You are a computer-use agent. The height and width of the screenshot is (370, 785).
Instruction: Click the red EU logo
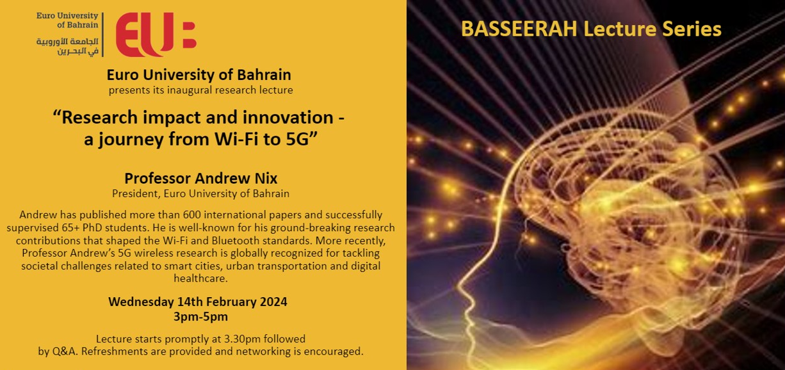click(x=156, y=35)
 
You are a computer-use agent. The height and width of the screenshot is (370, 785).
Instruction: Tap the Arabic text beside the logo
click(x=68, y=47)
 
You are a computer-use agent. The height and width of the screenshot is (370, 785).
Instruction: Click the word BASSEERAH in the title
click(x=519, y=29)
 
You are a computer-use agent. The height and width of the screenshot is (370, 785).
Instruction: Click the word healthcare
click(x=201, y=278)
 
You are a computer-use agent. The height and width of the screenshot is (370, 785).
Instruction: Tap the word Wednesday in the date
click(x=141, y=302)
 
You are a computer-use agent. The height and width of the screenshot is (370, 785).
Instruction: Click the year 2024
click(x=273, y=302)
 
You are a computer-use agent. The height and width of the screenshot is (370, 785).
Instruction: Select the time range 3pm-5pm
click(x=201, y=317)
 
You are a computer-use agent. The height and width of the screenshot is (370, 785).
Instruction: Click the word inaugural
click(x=190, y=90)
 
